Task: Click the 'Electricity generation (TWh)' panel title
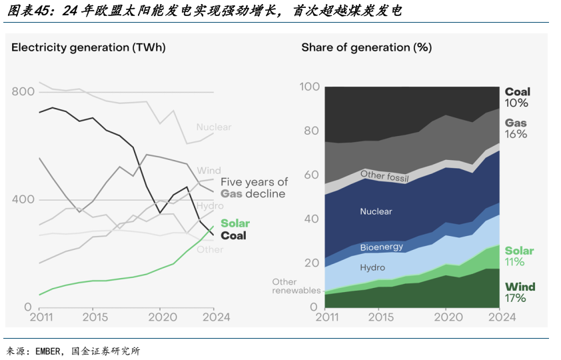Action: click(x=88, y=47)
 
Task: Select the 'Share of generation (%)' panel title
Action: click(x=366, y=47)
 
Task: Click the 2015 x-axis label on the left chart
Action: click(x=95, y=317)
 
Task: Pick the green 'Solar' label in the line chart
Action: click(x=235, y=223)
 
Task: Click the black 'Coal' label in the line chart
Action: click(x=233, y=235)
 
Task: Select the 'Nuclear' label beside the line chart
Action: click(x=213, y=127)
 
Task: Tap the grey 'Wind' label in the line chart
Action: click(x=209, y=171)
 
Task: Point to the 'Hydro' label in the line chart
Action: click(x=210, y=206)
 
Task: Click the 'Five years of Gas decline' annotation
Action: click(x=254, y=187)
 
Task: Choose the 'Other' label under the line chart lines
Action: click(x=210, y=249)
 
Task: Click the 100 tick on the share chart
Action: click(x=310, y=87)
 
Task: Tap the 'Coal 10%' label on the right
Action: click(x=517, y=97)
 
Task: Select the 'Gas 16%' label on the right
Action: click(x=516, y=128)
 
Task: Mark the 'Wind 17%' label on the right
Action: click(x=520, y=293)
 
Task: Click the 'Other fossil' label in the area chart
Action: click(x=384, y=177)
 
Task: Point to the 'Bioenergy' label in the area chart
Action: click(x=382, y=247)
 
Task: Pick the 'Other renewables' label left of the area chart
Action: click(x=296, y=286)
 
